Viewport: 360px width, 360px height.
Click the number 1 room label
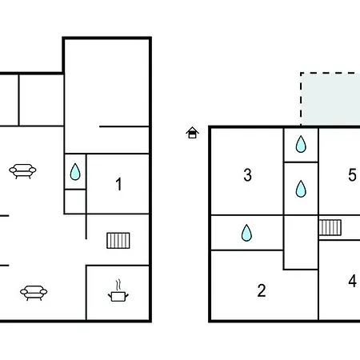[x=118, y=184]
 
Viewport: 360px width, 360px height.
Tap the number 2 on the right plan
[x=262, y=290]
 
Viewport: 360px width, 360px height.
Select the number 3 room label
[x=247, y=175]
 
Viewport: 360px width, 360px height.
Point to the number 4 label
[x=352, y=281]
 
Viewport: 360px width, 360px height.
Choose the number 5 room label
[x=352, y=175]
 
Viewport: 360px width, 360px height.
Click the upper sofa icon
[x=22, y=171]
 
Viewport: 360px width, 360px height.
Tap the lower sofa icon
[x=34, y=293]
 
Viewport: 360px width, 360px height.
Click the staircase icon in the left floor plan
[x=118, y=241]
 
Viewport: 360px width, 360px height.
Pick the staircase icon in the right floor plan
[x=330, y=227]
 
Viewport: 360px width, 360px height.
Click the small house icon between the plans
[x=192, y=133]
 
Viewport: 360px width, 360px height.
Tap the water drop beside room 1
[x=75, y=172]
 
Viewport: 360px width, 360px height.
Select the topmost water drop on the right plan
[x=301, y=144]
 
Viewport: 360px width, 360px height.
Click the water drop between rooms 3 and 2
[x=246, y=233]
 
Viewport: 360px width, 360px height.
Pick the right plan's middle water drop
[x=301, y=189]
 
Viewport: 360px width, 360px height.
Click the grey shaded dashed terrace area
[x=330, y=99]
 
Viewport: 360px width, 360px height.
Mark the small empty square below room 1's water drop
[x=75, y=202]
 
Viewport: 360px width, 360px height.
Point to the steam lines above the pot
[x=118, y=285]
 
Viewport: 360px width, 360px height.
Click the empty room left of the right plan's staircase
[x=301, y=242]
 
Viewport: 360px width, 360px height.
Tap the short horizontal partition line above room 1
[x=124, y=126]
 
